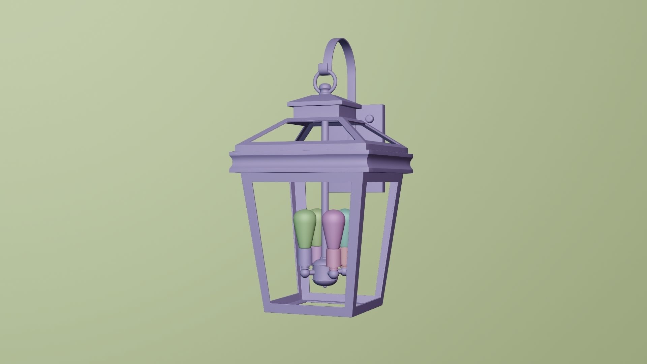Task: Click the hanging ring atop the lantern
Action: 325,79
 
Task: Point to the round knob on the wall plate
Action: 370,119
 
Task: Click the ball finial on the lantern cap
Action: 325,89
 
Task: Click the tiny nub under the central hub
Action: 325,286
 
